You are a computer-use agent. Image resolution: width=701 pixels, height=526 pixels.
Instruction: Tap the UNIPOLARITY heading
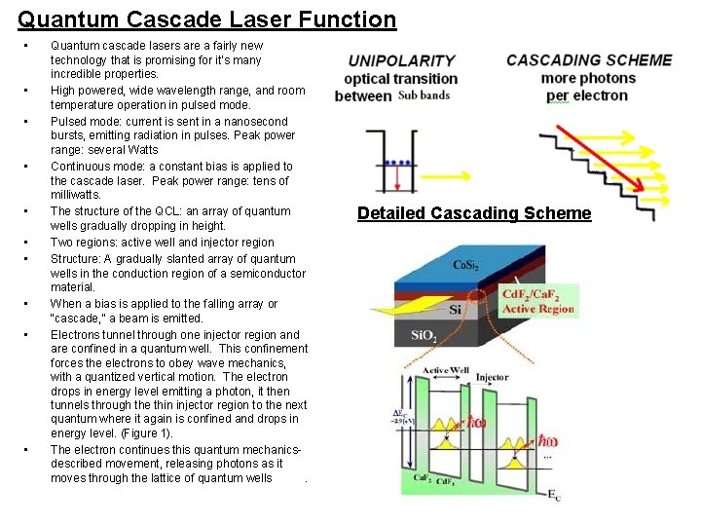tap(401, 60)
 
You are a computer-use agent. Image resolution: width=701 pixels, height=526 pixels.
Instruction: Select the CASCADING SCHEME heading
tap(589, 59)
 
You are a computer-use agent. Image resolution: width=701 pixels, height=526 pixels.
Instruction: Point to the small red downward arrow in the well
tap(397, 176)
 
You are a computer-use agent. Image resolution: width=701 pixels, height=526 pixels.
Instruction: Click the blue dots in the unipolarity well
tap(395, 162)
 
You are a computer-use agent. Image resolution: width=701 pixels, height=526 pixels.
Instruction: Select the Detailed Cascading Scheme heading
tap(474, 213)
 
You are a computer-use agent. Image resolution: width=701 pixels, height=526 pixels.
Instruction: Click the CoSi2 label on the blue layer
tap(465, 265)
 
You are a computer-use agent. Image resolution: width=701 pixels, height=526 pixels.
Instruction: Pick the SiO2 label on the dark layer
tap(424, 335)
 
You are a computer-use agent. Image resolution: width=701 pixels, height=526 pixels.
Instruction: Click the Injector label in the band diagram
tap(492, 376)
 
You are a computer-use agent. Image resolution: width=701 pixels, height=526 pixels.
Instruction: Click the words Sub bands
tap(424, 95)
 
